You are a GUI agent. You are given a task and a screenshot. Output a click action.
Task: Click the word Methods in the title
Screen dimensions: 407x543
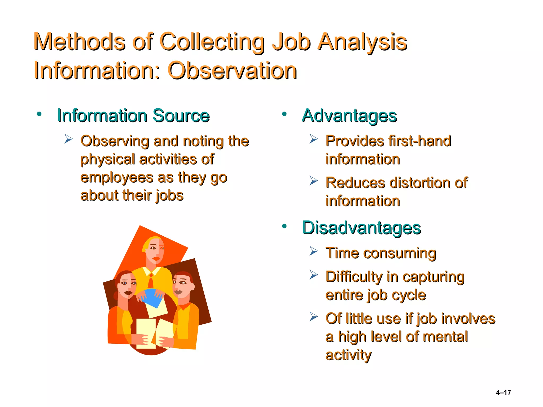[x=80, y=42]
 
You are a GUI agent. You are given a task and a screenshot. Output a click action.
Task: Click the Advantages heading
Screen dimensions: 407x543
[x=349, y=116]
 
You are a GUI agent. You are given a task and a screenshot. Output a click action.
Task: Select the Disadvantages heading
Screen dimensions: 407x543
[x=361, y=228]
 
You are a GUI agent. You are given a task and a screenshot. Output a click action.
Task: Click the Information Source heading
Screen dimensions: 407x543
[x=133, y=116]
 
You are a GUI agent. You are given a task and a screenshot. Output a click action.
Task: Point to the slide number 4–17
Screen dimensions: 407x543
[x=503, y=392]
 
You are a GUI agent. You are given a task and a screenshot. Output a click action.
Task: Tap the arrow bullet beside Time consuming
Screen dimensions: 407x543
[x=313, y=251]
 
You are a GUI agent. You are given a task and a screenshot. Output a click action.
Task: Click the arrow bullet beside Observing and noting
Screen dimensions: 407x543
[x=68, y=139]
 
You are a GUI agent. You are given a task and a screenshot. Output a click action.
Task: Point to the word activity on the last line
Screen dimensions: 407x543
[x=348, y=355]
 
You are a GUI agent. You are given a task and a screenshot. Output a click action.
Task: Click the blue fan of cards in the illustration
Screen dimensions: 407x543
[x=153, y=297]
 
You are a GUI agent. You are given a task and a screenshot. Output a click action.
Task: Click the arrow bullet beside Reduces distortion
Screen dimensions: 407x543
[x=313, y=181]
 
